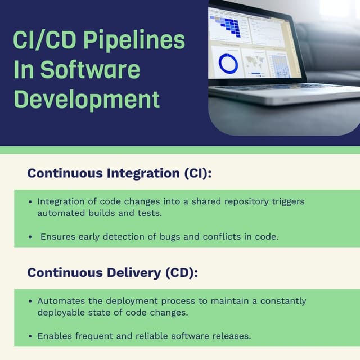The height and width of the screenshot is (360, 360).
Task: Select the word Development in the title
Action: pos(87,100)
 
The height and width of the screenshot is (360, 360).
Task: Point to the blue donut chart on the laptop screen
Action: pos(228,64)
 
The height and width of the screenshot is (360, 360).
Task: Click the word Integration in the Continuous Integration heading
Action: pos(143,173)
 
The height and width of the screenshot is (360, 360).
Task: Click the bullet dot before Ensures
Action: pos(30,237)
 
